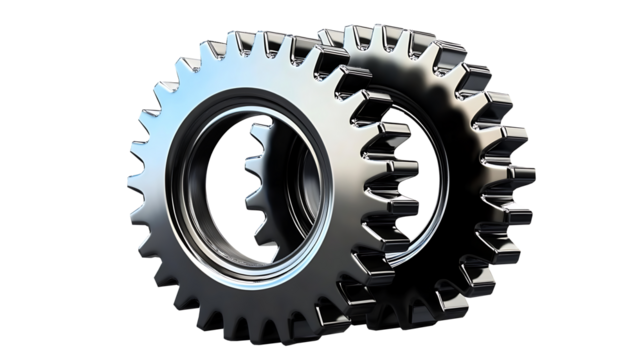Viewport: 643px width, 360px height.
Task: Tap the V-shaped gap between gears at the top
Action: coord(318,45)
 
